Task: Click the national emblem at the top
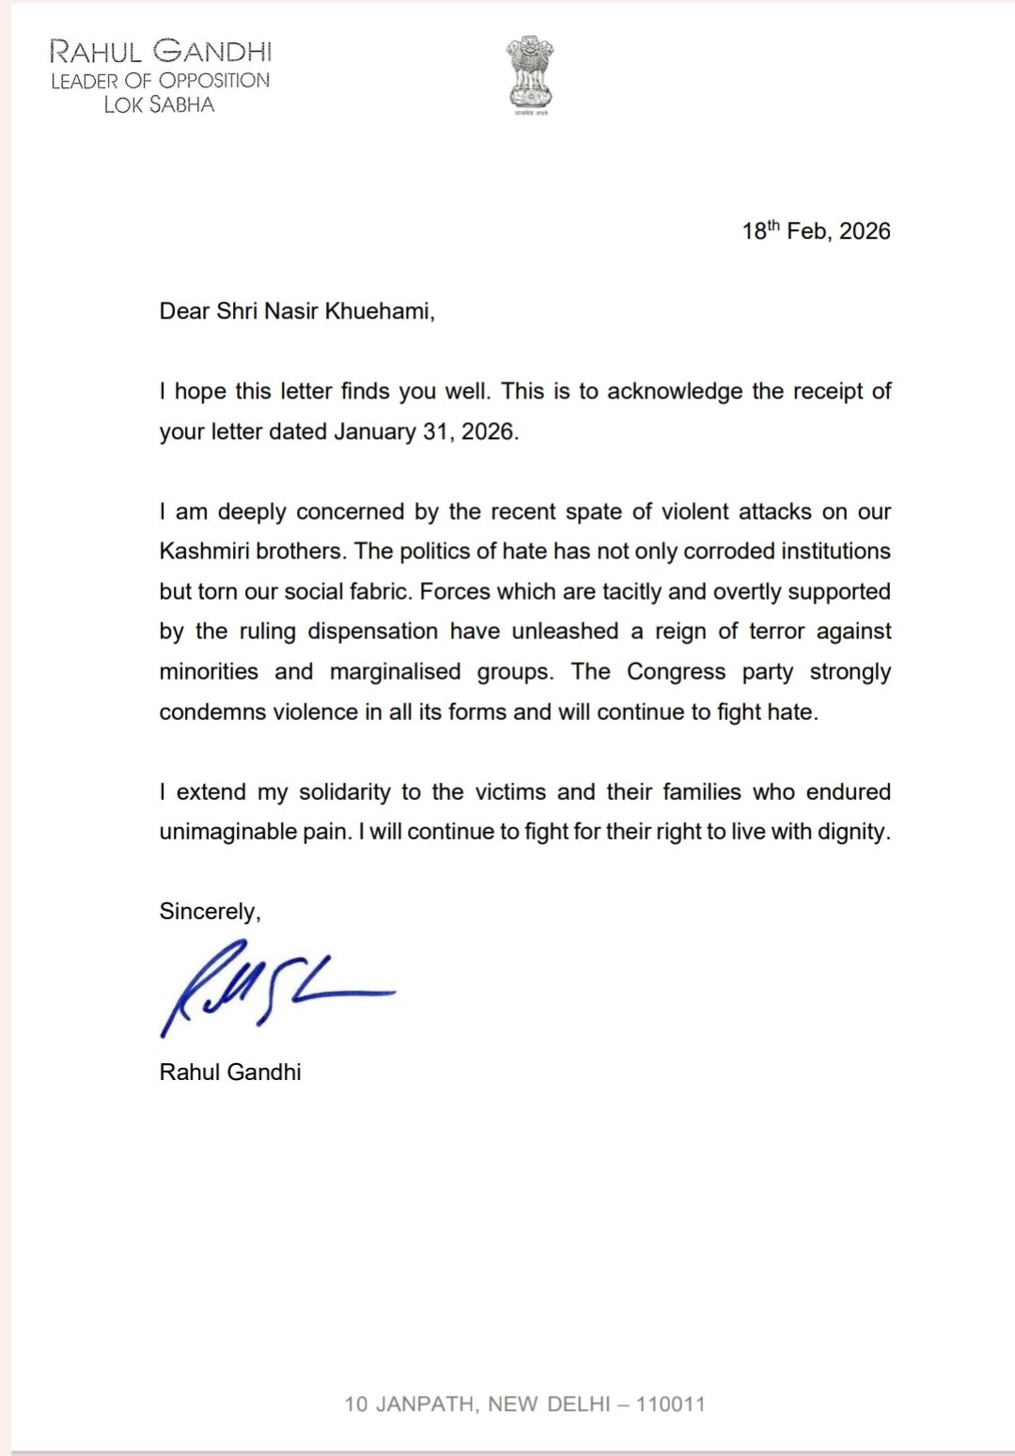530,74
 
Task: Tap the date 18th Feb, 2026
816,231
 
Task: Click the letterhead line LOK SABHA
159,104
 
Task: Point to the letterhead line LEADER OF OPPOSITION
160,81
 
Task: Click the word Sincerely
209,912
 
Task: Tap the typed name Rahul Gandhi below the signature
230,1072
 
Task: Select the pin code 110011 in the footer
670,1404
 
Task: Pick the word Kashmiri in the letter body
204,552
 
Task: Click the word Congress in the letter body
676,672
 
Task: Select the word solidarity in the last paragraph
344,792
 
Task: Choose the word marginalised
395,672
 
